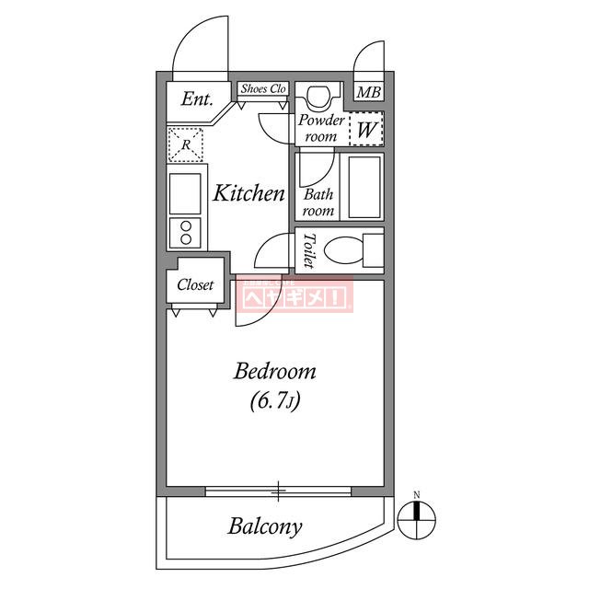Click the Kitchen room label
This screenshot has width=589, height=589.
248,193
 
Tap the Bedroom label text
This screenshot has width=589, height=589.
274,372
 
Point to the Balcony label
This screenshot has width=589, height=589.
265,527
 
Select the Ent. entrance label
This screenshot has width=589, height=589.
197,98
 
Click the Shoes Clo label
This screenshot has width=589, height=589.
263,89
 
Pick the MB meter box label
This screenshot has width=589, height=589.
368,92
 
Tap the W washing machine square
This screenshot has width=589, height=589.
366,130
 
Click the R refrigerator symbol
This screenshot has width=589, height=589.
186,144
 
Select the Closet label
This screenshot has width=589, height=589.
195,285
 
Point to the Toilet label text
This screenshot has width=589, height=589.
308,249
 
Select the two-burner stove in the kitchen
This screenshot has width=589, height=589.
187,233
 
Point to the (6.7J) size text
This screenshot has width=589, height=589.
275,400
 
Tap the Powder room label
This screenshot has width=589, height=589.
320,129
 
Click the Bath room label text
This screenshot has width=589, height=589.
318,202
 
